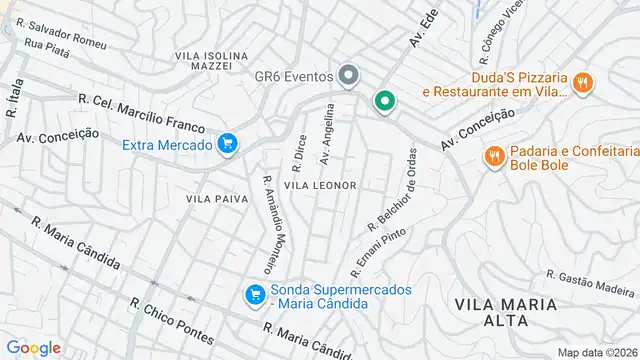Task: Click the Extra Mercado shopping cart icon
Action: [x=228, y=145]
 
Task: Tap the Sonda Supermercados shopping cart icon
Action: [x=255, y=294]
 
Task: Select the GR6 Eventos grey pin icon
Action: [x=348, y=75]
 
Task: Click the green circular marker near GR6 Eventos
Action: [x=383, y=101]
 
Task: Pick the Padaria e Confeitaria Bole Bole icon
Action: [x=493, y=156]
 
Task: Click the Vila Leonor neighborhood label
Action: [x=320, y=185]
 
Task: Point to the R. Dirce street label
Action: [x=298, y=154]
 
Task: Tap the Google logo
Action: [x=33, y=347]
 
